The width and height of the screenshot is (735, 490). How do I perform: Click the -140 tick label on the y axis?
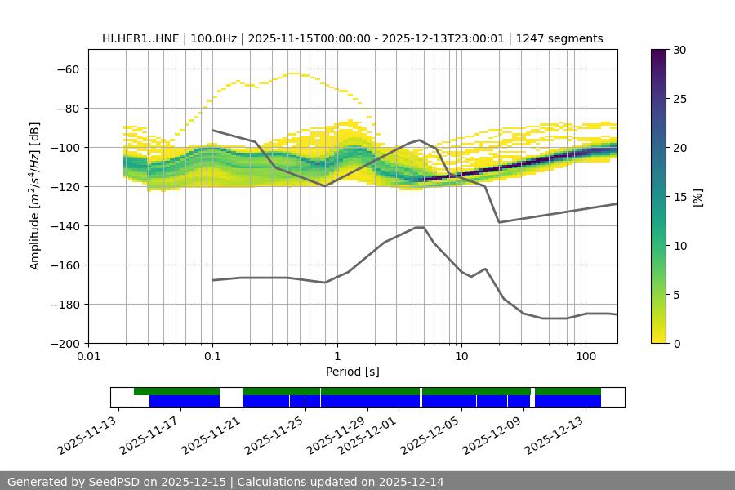tap(64, 226)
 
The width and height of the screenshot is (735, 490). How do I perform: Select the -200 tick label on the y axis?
tap(64, 344)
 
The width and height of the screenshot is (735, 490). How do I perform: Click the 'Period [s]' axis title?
tap(353, 372)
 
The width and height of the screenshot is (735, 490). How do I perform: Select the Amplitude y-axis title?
tap(35, 196)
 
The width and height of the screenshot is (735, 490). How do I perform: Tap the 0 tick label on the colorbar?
tap(678, 344)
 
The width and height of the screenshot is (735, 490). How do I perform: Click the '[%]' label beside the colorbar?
tap(697, 197)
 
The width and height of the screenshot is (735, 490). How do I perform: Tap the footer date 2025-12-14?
tap(412, 482)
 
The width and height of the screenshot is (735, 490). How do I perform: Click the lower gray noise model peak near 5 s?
tap(420, 227)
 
